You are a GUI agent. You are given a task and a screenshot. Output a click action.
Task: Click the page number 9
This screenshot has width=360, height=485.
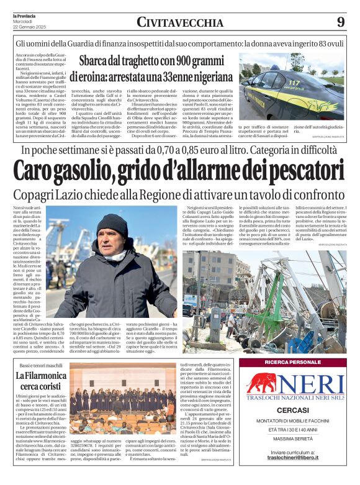[340, 22]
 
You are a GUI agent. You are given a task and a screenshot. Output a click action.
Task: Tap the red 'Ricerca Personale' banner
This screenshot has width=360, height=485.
[292, 362]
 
